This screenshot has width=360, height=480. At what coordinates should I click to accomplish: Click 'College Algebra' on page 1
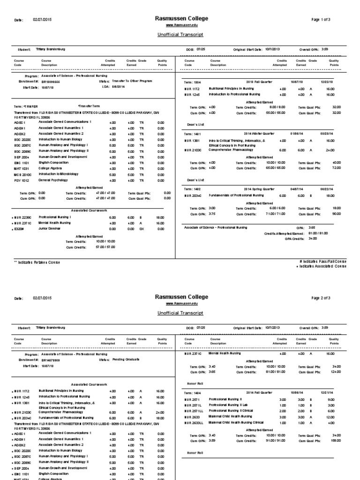[x=51, y=168]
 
